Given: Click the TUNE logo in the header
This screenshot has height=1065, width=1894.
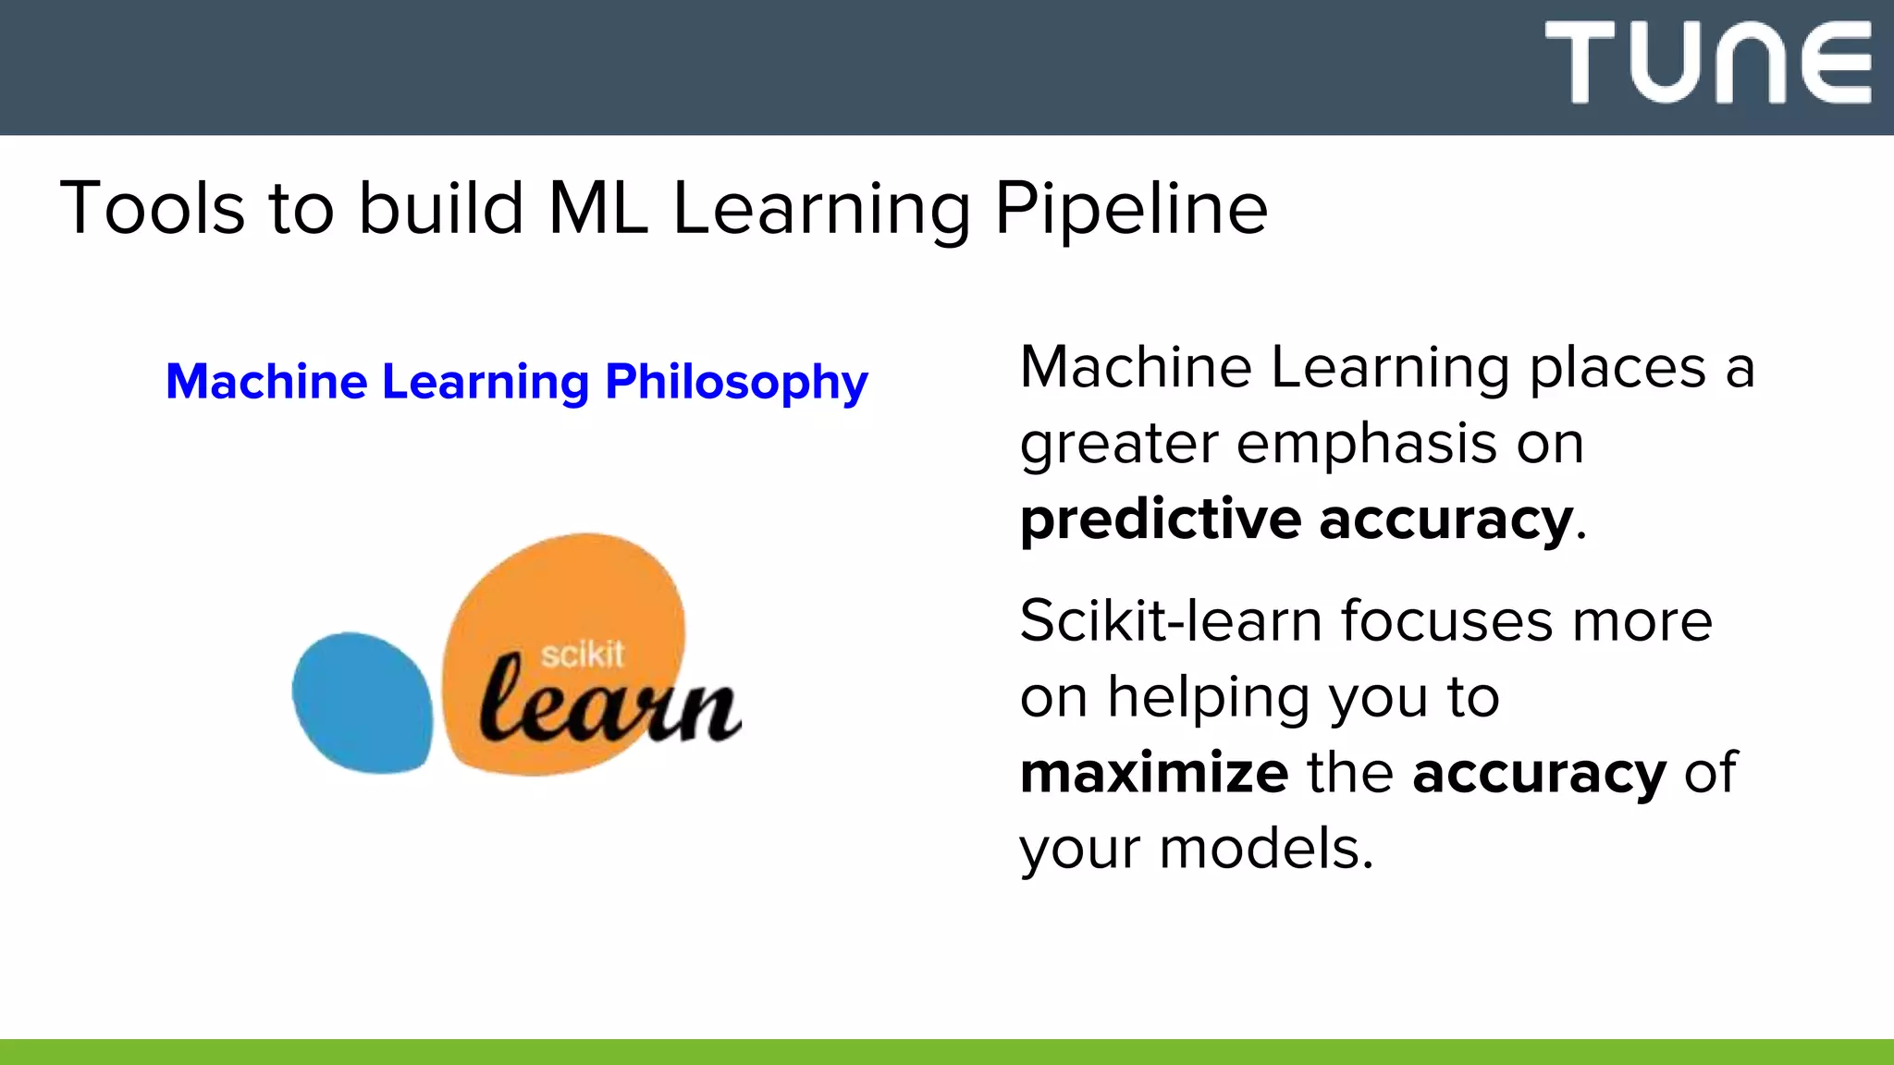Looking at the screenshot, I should pos(1707,62).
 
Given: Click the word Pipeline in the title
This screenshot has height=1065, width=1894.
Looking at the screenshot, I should pos(1130,209).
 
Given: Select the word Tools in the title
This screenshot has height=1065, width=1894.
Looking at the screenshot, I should pos(153,209).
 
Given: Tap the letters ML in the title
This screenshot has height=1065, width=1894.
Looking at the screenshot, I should pos(597,209).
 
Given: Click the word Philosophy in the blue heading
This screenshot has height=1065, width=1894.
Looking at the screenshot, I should pos(736,382).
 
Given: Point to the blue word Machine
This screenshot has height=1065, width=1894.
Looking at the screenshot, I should pos(266,382).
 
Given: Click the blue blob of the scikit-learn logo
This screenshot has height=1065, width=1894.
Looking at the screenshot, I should pos(362,703).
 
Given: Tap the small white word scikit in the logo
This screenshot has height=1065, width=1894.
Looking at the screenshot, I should pos(582,655).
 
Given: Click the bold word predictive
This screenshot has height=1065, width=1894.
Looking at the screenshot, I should pos(1161,520).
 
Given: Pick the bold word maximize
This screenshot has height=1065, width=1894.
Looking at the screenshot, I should pos(1153,773).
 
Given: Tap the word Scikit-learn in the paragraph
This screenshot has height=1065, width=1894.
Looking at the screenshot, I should pos(1171,620).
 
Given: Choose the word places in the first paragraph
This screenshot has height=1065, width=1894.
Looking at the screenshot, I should pos(1617,368).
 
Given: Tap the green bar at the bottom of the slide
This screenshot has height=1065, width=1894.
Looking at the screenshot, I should pos(947,1052).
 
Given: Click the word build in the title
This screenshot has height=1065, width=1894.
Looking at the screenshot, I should pos(441,209).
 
